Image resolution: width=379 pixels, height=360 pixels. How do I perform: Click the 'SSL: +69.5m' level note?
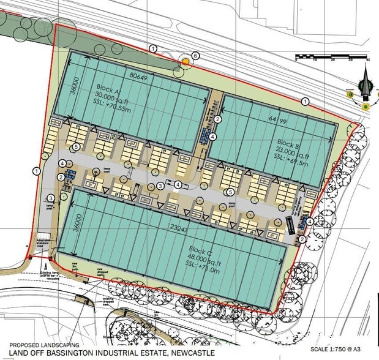pos(296,166)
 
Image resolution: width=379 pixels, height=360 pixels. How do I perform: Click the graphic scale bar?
pos(331,57)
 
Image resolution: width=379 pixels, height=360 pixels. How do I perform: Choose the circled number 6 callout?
pos(195,56)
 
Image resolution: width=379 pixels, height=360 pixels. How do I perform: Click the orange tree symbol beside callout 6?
pos(186,61)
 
